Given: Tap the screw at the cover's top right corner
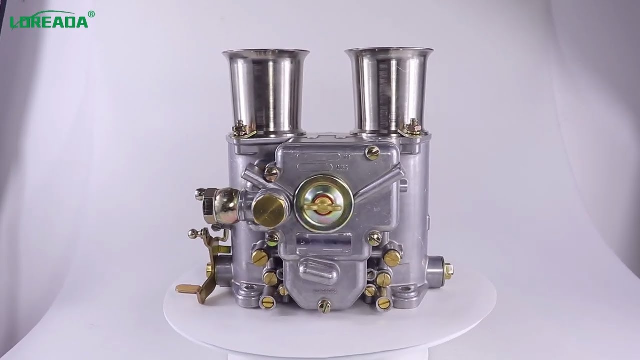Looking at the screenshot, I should point(372,153).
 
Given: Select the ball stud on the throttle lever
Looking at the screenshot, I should point(193,233).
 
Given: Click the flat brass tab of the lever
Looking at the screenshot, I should point(192,289).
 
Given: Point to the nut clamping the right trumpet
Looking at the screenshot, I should point(413,127).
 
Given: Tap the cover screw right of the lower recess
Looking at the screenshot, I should point(374,238).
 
